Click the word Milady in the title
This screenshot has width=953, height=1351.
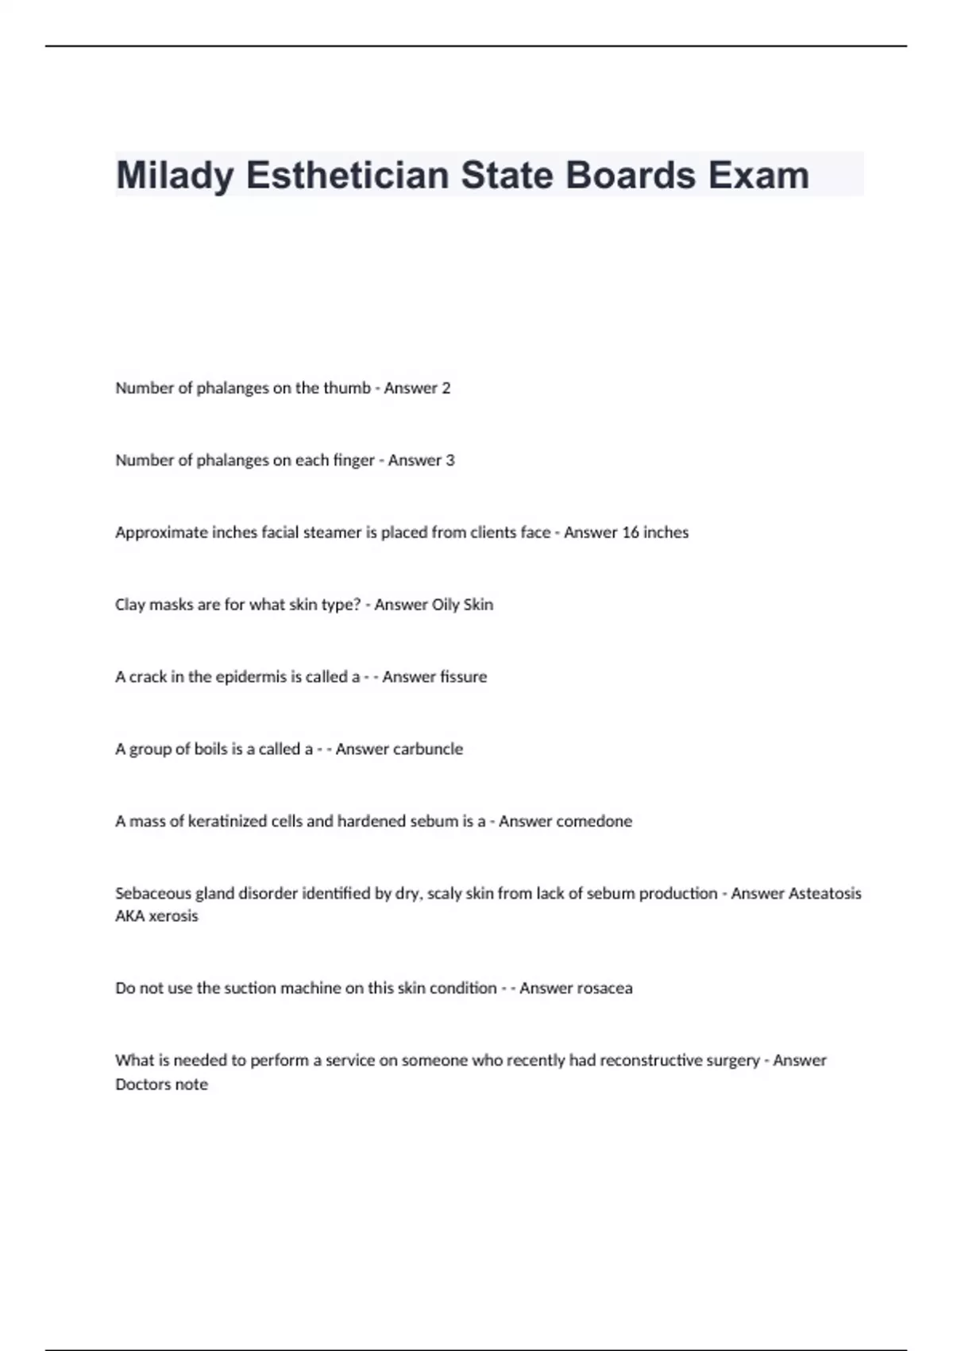pos(174,176)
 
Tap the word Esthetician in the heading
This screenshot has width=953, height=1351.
pos(349,176)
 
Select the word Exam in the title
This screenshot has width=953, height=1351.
pos(758,176)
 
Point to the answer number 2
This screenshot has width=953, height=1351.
pos(446,388)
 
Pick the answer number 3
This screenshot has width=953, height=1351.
pos(450,460)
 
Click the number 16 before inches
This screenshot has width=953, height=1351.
pos(631,532)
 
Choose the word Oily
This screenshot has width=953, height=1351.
pos(445,605)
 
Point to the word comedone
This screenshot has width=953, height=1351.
pos(594,821)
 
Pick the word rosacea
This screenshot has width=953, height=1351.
pos(603,989)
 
